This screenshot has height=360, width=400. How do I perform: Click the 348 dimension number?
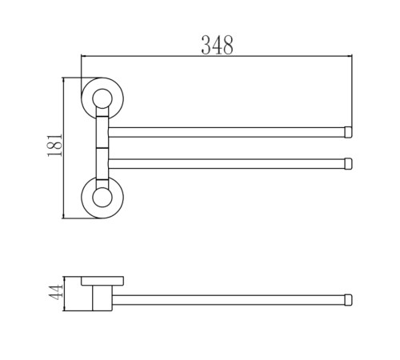point(217,46)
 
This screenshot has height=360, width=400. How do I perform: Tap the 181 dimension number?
point(55,146)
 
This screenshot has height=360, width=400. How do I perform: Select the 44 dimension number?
point(55,292)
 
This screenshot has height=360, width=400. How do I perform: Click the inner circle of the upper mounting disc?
point(102,98)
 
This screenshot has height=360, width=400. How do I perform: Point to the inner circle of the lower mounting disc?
point(102,197)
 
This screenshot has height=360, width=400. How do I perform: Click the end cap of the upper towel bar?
point(348,132)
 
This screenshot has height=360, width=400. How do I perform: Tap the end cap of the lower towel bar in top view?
point(348,163)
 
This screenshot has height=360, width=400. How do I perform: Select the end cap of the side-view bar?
point(348,300)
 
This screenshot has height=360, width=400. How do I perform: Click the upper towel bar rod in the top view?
point(226,132)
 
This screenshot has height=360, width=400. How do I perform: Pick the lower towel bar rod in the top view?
point(226,164)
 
